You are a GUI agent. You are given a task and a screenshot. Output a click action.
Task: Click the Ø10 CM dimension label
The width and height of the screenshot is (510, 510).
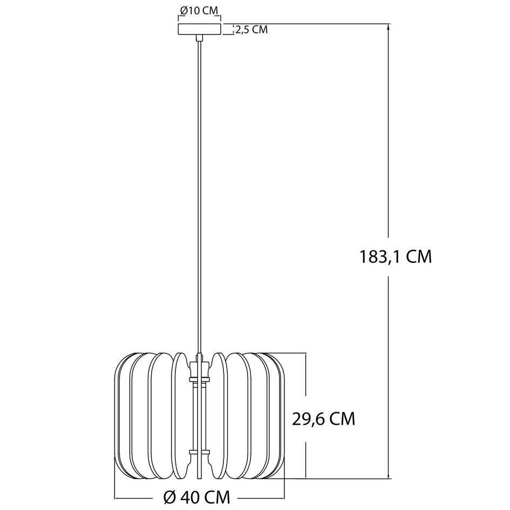pyautogui.click(x=199, y=11)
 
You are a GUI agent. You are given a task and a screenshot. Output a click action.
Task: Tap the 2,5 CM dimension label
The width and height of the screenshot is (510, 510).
pyautogui.click(x=251, y=30)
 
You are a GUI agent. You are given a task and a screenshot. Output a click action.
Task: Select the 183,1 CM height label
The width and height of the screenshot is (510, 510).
pyautogui.click(x=396, y=257)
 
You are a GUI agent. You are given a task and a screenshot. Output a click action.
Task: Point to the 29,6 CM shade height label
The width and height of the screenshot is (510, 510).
pyautogui.click(x=323, y=419)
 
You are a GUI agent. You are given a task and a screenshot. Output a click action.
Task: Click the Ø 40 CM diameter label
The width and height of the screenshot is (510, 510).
pyautogui.click(x=197, y=497)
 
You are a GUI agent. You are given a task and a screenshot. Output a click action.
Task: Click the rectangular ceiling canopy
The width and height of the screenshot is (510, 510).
pyautogui.click(x=199, y=29)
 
